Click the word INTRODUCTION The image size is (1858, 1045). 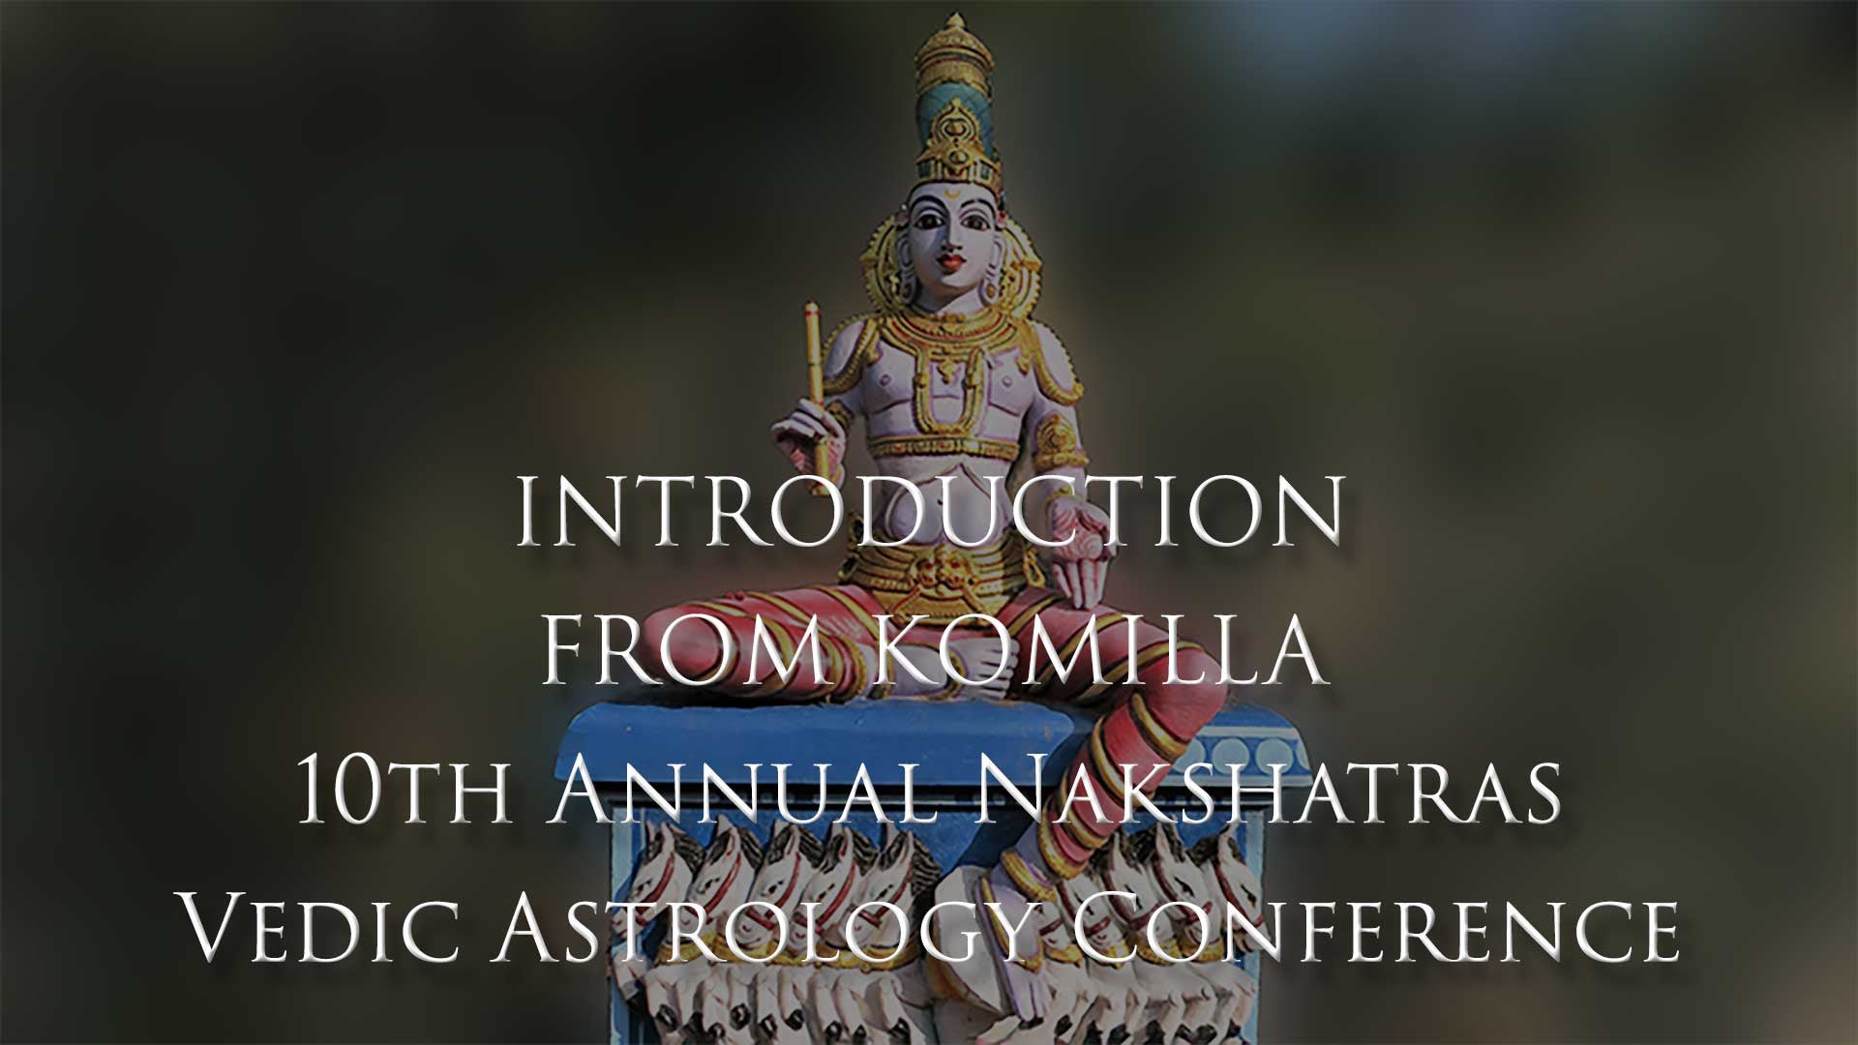pos(929,511)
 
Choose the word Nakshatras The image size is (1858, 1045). pos(1268,791)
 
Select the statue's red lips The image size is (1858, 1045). pos(951,261)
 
